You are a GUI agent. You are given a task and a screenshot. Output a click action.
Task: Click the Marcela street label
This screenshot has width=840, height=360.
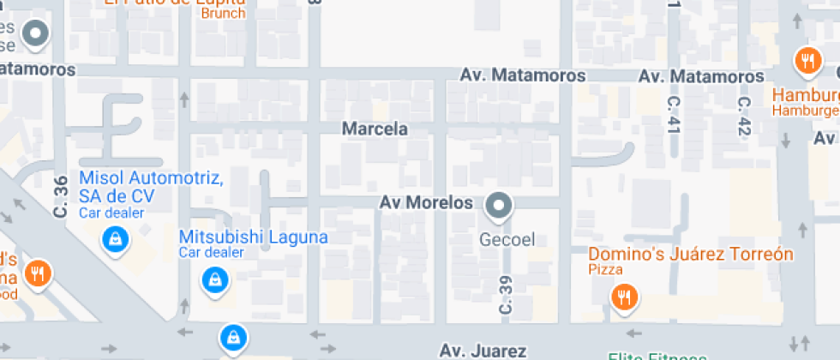click(375, 129)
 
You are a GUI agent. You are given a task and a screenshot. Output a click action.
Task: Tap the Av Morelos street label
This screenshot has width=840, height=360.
click(426, 203)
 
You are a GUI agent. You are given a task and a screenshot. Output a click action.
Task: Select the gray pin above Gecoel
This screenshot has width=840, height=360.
click(499, 206)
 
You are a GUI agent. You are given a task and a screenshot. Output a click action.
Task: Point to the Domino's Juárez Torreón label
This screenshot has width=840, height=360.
click(691, 255)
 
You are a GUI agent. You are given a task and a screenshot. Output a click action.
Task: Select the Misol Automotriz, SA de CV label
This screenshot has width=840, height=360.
click(152, 187)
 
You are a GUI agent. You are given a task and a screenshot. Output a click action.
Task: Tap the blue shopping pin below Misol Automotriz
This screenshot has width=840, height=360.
click(114, 239)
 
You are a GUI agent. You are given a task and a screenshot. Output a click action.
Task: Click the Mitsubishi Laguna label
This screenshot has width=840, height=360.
click(253, 237)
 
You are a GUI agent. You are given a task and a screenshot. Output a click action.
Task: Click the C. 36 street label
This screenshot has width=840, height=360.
click(61, 196)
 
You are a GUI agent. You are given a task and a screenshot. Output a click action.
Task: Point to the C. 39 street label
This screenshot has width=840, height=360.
click(506, 294)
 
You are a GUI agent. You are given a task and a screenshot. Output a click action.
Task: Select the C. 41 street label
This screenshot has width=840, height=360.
click(673, 113)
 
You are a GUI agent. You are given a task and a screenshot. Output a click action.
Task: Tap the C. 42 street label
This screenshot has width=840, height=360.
click(744, 116)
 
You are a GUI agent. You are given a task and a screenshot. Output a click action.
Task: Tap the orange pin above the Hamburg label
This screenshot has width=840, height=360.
click(807, 60)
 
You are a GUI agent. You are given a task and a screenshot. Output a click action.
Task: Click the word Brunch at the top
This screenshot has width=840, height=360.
click(223, 13)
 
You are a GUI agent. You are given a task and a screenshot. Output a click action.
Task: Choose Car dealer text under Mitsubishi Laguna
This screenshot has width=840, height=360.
click(211, 252)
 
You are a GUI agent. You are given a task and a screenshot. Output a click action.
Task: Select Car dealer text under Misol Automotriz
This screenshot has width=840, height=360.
click(111, 213)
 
